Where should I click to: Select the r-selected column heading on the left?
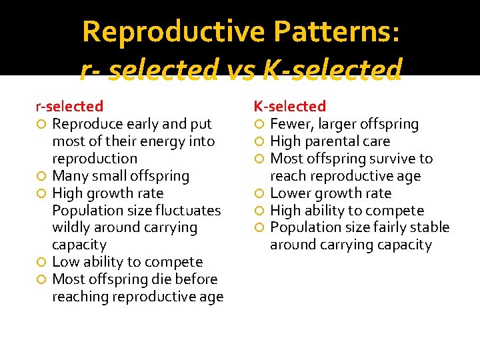pos(69,106)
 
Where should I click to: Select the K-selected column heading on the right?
pos(289,106)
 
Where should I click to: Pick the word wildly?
pos(72,227)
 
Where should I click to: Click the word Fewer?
pos(290,124)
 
